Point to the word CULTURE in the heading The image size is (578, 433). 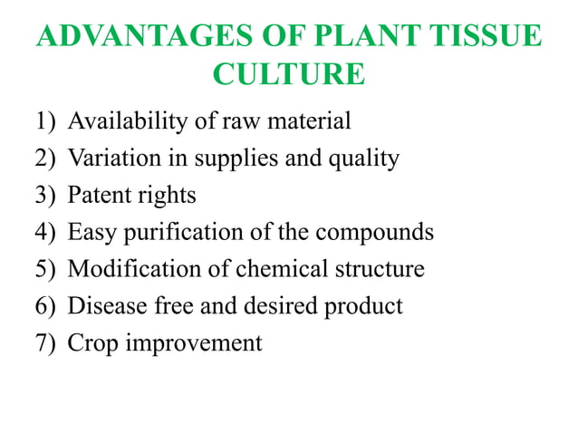click(x=289, y=74)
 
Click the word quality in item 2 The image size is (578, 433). click(x=367, y=159)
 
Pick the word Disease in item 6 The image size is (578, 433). click(x=102, y=306)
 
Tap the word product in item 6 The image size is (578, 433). click(x=362, y=307)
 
